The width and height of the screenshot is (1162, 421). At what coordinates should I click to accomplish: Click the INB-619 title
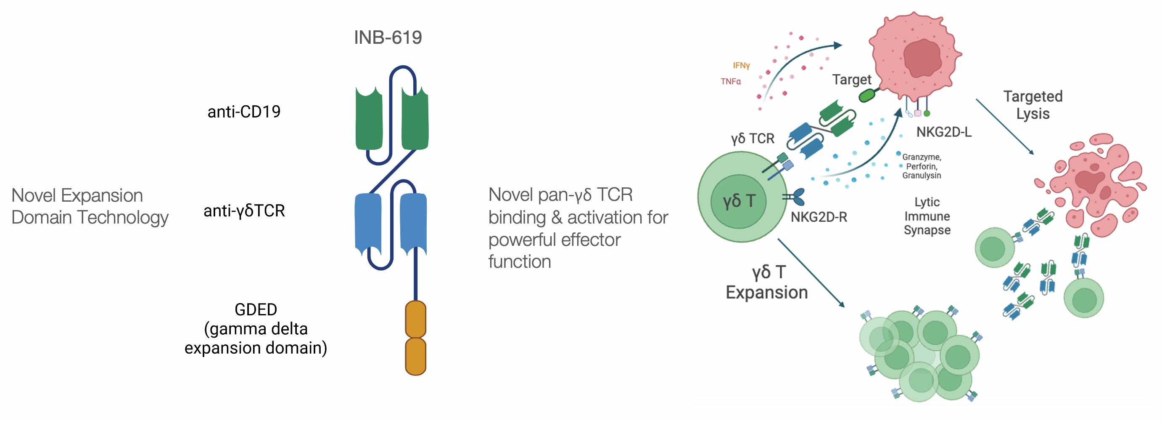388,37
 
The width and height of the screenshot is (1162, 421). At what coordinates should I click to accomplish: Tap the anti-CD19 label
243,112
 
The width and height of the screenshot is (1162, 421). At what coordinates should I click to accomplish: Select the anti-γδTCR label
244,210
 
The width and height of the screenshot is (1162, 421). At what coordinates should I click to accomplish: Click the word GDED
256,309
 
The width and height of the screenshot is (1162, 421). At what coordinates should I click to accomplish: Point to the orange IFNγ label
741,66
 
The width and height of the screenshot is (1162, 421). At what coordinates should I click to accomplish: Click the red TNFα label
730,81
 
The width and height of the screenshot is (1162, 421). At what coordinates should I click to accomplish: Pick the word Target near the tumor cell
851,80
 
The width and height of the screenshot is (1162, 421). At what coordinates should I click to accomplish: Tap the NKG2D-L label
944,132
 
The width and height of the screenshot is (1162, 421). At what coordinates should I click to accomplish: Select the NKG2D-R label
819,217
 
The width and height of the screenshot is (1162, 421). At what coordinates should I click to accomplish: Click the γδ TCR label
753,138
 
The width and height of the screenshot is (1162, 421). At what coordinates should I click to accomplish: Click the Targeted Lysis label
1033,105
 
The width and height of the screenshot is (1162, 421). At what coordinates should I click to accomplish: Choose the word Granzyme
921,157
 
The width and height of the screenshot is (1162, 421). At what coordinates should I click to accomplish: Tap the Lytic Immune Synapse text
927,216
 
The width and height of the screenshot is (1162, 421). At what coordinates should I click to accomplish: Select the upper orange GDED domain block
415,319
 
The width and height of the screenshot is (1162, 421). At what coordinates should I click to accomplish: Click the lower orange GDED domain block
415,357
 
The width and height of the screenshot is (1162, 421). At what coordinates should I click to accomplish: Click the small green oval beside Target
867,95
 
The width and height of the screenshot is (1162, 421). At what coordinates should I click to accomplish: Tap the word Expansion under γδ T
766,292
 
